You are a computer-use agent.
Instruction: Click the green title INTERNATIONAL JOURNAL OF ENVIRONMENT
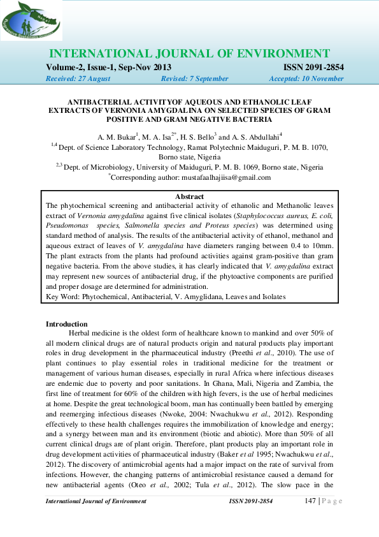(189, 54)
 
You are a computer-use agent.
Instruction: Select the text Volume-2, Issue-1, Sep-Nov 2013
(108, 68)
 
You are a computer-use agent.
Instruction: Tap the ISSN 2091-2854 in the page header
(313, 68)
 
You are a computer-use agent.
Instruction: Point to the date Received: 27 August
(78, 79)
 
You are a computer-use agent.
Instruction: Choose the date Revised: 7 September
(195, 79)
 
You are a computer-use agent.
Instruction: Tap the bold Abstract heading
(189, 197)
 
